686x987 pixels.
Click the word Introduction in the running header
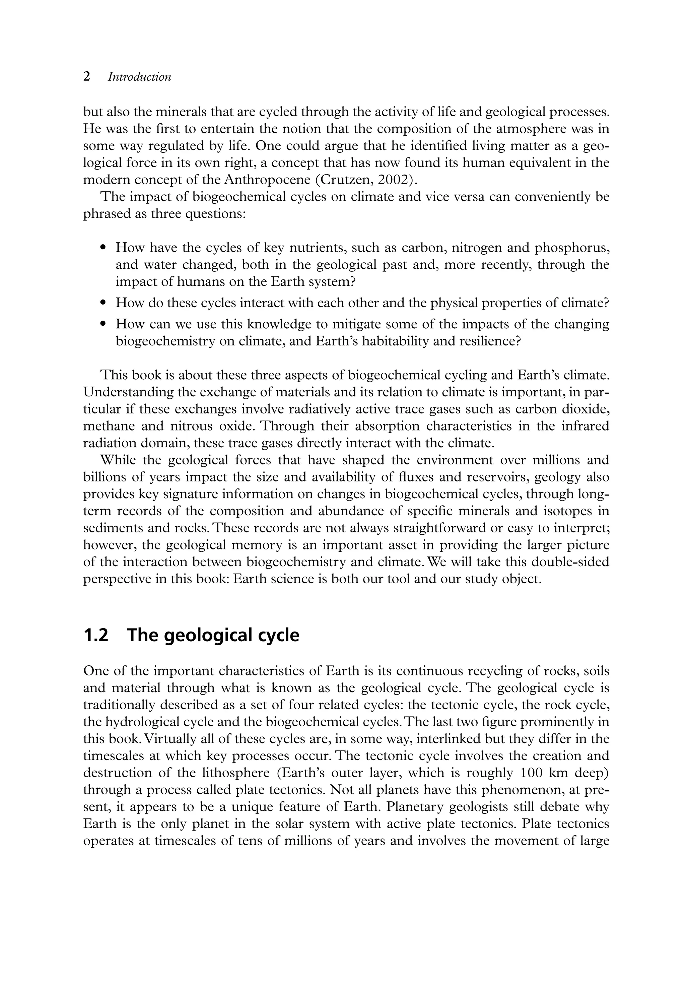click(139, 77)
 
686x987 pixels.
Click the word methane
click(105, 426)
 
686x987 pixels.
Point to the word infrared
click(585, 426)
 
